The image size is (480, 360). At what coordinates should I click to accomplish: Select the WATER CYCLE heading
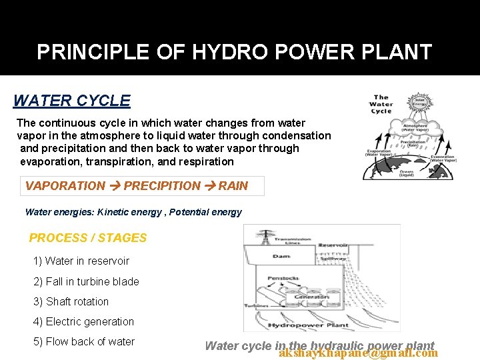pyautogui.click(x=71, y=101)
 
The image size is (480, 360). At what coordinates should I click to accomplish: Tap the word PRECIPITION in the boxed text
pyautogui.click(x=162, y=186)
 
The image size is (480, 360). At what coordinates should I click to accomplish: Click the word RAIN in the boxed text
pyautogui.click(x=233, y=186)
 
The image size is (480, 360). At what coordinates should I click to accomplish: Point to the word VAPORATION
pyautogui.click(x=65, y=186)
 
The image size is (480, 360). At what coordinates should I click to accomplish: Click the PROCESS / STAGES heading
pyautogui.click(x=87, y=238)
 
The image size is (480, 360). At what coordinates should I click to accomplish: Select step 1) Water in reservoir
pyautogui.click(x=81, y=261)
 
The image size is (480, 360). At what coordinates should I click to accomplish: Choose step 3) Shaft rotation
pyautogui.click(x=71, y=301)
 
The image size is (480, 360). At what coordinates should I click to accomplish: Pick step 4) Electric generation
pyautogui.click(x=83, y=321)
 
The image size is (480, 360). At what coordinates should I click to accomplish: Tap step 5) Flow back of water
pyautogui.click(x=83, y=341)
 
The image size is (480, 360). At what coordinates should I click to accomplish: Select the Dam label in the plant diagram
pyautogui.click(x=280, y=256)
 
